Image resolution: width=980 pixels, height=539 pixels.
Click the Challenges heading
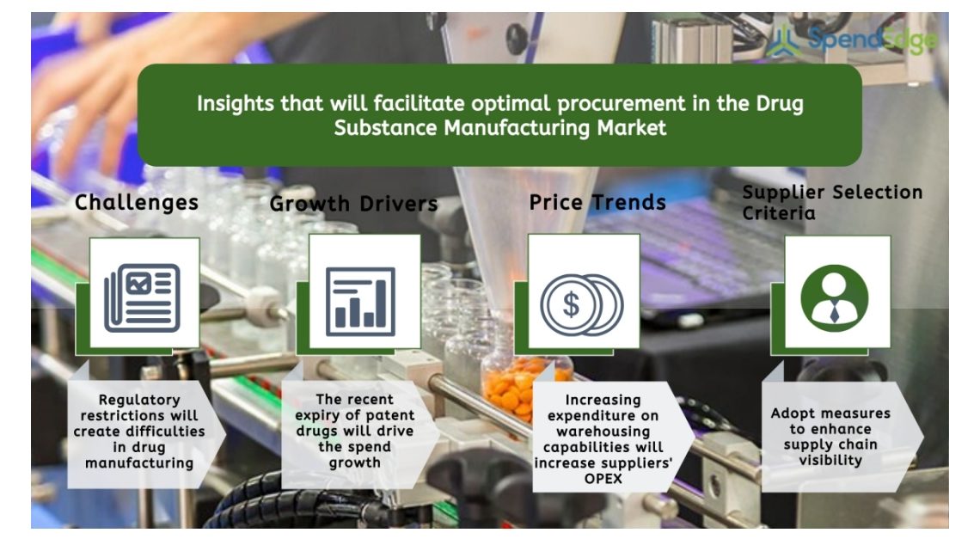point(136,203)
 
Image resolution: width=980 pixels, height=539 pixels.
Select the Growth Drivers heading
point(354,204)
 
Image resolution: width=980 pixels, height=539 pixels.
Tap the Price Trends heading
point(597,203)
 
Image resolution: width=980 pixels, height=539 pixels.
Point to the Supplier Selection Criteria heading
point(832,203)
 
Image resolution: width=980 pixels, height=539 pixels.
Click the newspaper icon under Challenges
point(143,297)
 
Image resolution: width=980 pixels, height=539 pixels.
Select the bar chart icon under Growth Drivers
point(361,302)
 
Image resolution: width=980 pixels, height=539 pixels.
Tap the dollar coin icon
point(582,305)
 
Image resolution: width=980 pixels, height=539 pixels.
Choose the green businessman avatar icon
point(835,297)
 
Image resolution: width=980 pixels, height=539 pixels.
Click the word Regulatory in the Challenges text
point(139,401)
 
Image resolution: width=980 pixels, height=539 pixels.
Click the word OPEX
point(603,479)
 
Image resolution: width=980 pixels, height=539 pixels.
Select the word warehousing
point(603,432)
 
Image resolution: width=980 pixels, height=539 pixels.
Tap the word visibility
point(830,460)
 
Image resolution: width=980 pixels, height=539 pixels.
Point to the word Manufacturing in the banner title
point(517,128)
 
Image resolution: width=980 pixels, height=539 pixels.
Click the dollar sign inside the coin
point(572,305)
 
